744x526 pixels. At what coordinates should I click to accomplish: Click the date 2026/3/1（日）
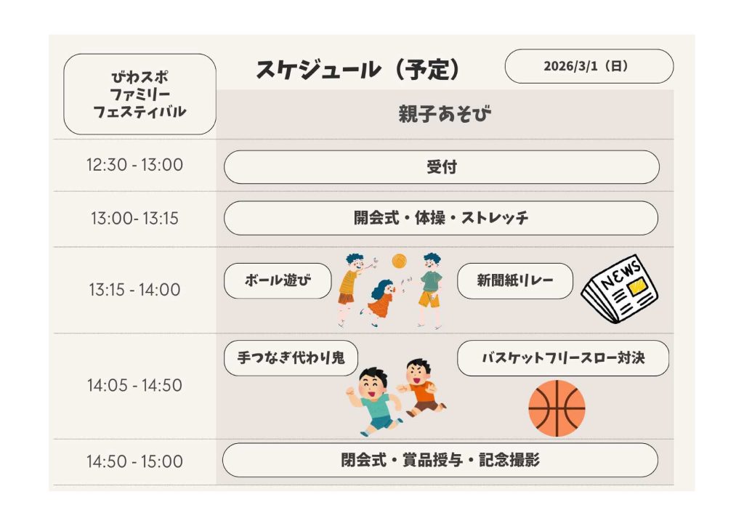[x=589, y=66]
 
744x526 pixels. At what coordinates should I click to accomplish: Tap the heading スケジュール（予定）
[x=357, y=69]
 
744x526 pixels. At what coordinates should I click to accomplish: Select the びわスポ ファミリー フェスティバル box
[x=139, y=94]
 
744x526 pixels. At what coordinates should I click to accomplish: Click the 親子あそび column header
[x=445, y=114]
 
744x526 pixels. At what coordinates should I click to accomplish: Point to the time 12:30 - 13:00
[x=134, y=165]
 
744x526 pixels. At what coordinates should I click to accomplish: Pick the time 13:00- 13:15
[x=134, y=218]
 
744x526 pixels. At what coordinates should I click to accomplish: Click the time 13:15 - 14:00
[x=134, y=289]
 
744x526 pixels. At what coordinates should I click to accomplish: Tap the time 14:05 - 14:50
[x=134, y=385]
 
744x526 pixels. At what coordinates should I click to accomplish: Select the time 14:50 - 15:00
[x=134, y=461]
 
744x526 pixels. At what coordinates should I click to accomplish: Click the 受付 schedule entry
[x=441, y=167]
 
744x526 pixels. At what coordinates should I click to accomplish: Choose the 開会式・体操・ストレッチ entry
[x=441, y=218]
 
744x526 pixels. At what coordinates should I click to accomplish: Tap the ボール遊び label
[x=278, y=280]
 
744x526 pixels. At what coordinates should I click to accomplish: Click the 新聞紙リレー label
[x=515, y=280]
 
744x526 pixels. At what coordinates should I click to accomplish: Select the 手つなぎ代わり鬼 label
[x=291, y=358]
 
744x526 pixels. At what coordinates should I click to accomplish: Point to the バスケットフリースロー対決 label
[x=563, y=358]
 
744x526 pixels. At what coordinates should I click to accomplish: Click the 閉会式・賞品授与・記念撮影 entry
[x=440, y=460]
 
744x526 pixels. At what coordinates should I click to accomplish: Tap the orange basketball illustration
[x=557, y=408]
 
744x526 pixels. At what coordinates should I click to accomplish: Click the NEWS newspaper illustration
[x=620, y=290]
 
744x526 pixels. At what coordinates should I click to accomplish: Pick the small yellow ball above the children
[x=400, y=261]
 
